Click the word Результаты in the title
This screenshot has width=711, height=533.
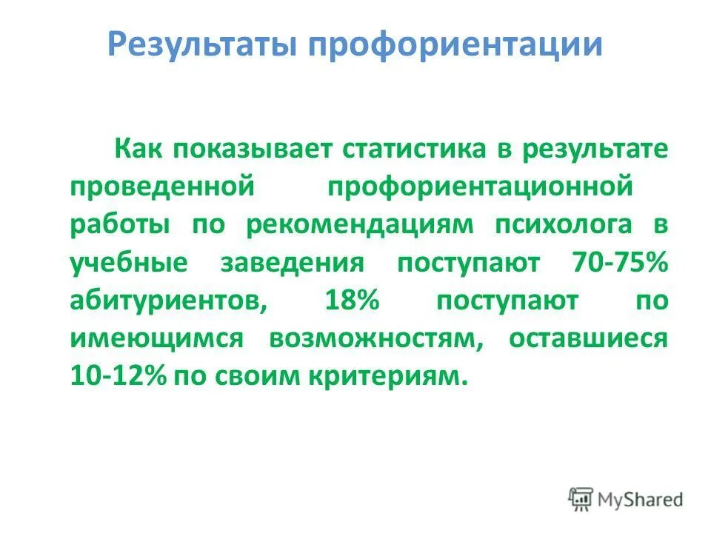[201, 44]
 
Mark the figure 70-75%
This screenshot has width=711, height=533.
[620, 264]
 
